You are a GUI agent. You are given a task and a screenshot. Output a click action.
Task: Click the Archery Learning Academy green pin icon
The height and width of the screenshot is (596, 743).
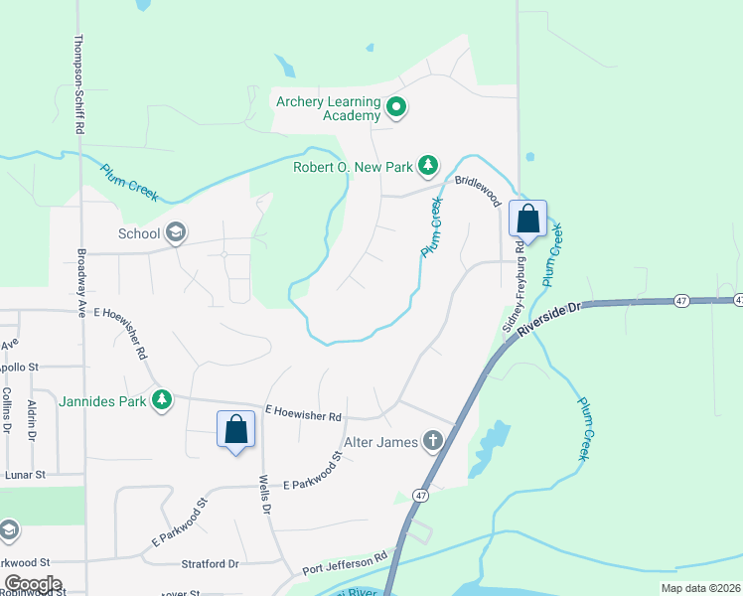[x=396, y=107]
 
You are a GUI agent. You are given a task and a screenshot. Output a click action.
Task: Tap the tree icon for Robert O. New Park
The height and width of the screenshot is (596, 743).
[x=428, y=165]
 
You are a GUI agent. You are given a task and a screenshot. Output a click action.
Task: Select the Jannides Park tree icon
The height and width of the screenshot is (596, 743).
[x=161, y=400]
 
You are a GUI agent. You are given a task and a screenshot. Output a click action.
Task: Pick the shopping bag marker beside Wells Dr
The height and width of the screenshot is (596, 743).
[x=236, y=430]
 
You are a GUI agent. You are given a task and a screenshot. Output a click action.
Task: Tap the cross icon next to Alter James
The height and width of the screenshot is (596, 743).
[x=432, y=440]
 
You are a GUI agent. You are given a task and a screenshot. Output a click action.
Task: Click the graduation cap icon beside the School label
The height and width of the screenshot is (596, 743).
[x=176, y=233]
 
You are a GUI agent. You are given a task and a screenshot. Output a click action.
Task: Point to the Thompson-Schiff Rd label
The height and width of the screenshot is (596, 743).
[x=76, y=85]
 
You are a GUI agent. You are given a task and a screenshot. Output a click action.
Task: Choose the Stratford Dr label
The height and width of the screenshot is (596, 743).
[x=211, y=563]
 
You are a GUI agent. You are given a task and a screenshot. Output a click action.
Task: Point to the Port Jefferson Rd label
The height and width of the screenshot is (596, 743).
[x=344, y=566]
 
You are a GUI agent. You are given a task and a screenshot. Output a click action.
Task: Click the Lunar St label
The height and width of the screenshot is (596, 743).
[x=27, y=475]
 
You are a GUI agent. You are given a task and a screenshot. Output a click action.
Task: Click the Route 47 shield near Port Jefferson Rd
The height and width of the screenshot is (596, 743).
[x=422, y=495]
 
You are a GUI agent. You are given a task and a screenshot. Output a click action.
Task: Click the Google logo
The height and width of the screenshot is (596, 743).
[x=33, y=584]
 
